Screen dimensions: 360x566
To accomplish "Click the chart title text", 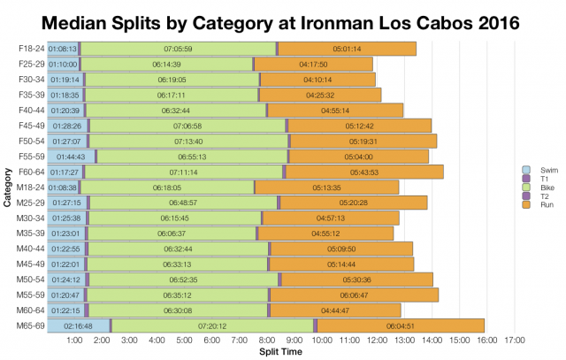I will click(x=283, y=19).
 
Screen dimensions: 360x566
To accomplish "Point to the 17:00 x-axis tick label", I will click(x=514, y=340).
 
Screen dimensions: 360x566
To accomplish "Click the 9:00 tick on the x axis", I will click(x=295, y=340).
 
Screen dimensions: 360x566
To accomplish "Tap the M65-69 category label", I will click(x=30, y=326).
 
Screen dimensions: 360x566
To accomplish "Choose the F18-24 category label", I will click(x=31, y=49).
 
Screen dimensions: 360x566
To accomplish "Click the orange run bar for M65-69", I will click(x=400, y=326).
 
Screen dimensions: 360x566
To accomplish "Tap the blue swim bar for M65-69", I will click(x=78, y=326).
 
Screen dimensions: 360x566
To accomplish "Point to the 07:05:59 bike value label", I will click(x=180, y=49).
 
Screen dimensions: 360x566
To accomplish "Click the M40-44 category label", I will click(x=30, y=249).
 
